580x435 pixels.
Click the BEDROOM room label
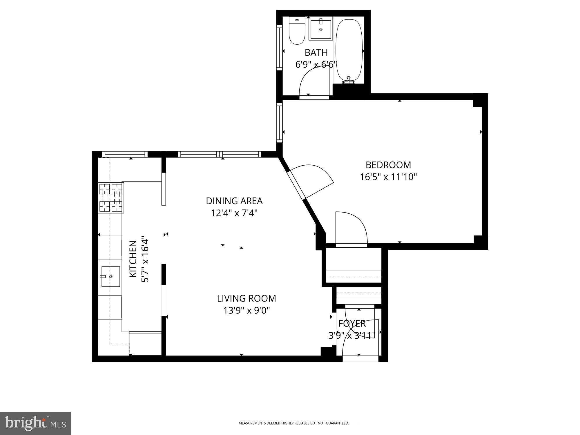click(388, 165)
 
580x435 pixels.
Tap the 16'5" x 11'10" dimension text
click(388, 177)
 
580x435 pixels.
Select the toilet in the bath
click(297, 31)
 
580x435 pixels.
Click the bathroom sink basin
click(320, 29)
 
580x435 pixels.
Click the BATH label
click(316, 52)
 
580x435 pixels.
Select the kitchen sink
click(110, 276)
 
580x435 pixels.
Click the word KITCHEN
click(133, 259)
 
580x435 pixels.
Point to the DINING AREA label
click(234, 201)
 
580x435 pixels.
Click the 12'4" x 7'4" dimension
click(234, 213)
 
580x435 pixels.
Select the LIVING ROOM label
click(246, 298)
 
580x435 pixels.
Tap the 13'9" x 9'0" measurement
click(246, 311)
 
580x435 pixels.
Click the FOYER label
click(352, 323)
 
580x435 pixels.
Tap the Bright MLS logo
click(35, 423)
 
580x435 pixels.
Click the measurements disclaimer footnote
click(293, 423)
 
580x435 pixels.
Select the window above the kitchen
click(125, 154)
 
